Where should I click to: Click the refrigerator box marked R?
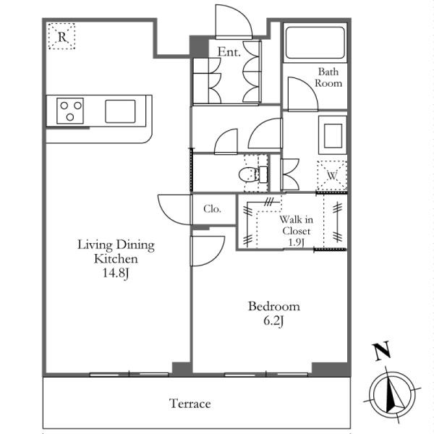61,36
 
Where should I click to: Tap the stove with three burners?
70,111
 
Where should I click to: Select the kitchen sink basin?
120,111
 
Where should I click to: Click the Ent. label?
229,52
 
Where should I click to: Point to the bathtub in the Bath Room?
315,43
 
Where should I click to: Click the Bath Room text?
328,77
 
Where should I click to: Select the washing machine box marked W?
332,176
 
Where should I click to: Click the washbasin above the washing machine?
333,135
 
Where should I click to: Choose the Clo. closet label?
212,209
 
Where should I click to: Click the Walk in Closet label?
296,225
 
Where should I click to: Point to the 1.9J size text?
297,242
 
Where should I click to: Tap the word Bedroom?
273,307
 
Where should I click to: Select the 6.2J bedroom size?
273,321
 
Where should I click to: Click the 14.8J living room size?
116,273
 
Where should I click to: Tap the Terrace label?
190,404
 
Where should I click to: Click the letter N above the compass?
382,351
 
